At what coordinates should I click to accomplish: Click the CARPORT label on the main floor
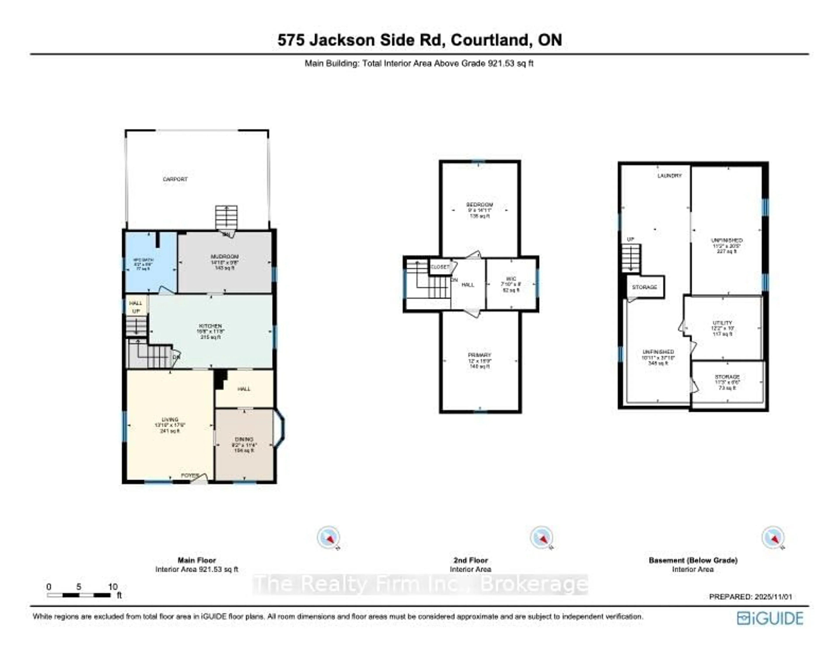coord(175,179)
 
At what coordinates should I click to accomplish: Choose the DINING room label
coord(244,439)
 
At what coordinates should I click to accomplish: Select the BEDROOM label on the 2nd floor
coord(479,205)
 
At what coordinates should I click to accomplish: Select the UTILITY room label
coord(722,323)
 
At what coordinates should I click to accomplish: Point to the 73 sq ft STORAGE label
coord(727,377)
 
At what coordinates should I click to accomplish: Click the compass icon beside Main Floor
coord(328,537)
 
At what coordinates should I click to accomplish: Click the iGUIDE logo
coord(770,618)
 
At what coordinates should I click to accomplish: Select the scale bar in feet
coord(79,595)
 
